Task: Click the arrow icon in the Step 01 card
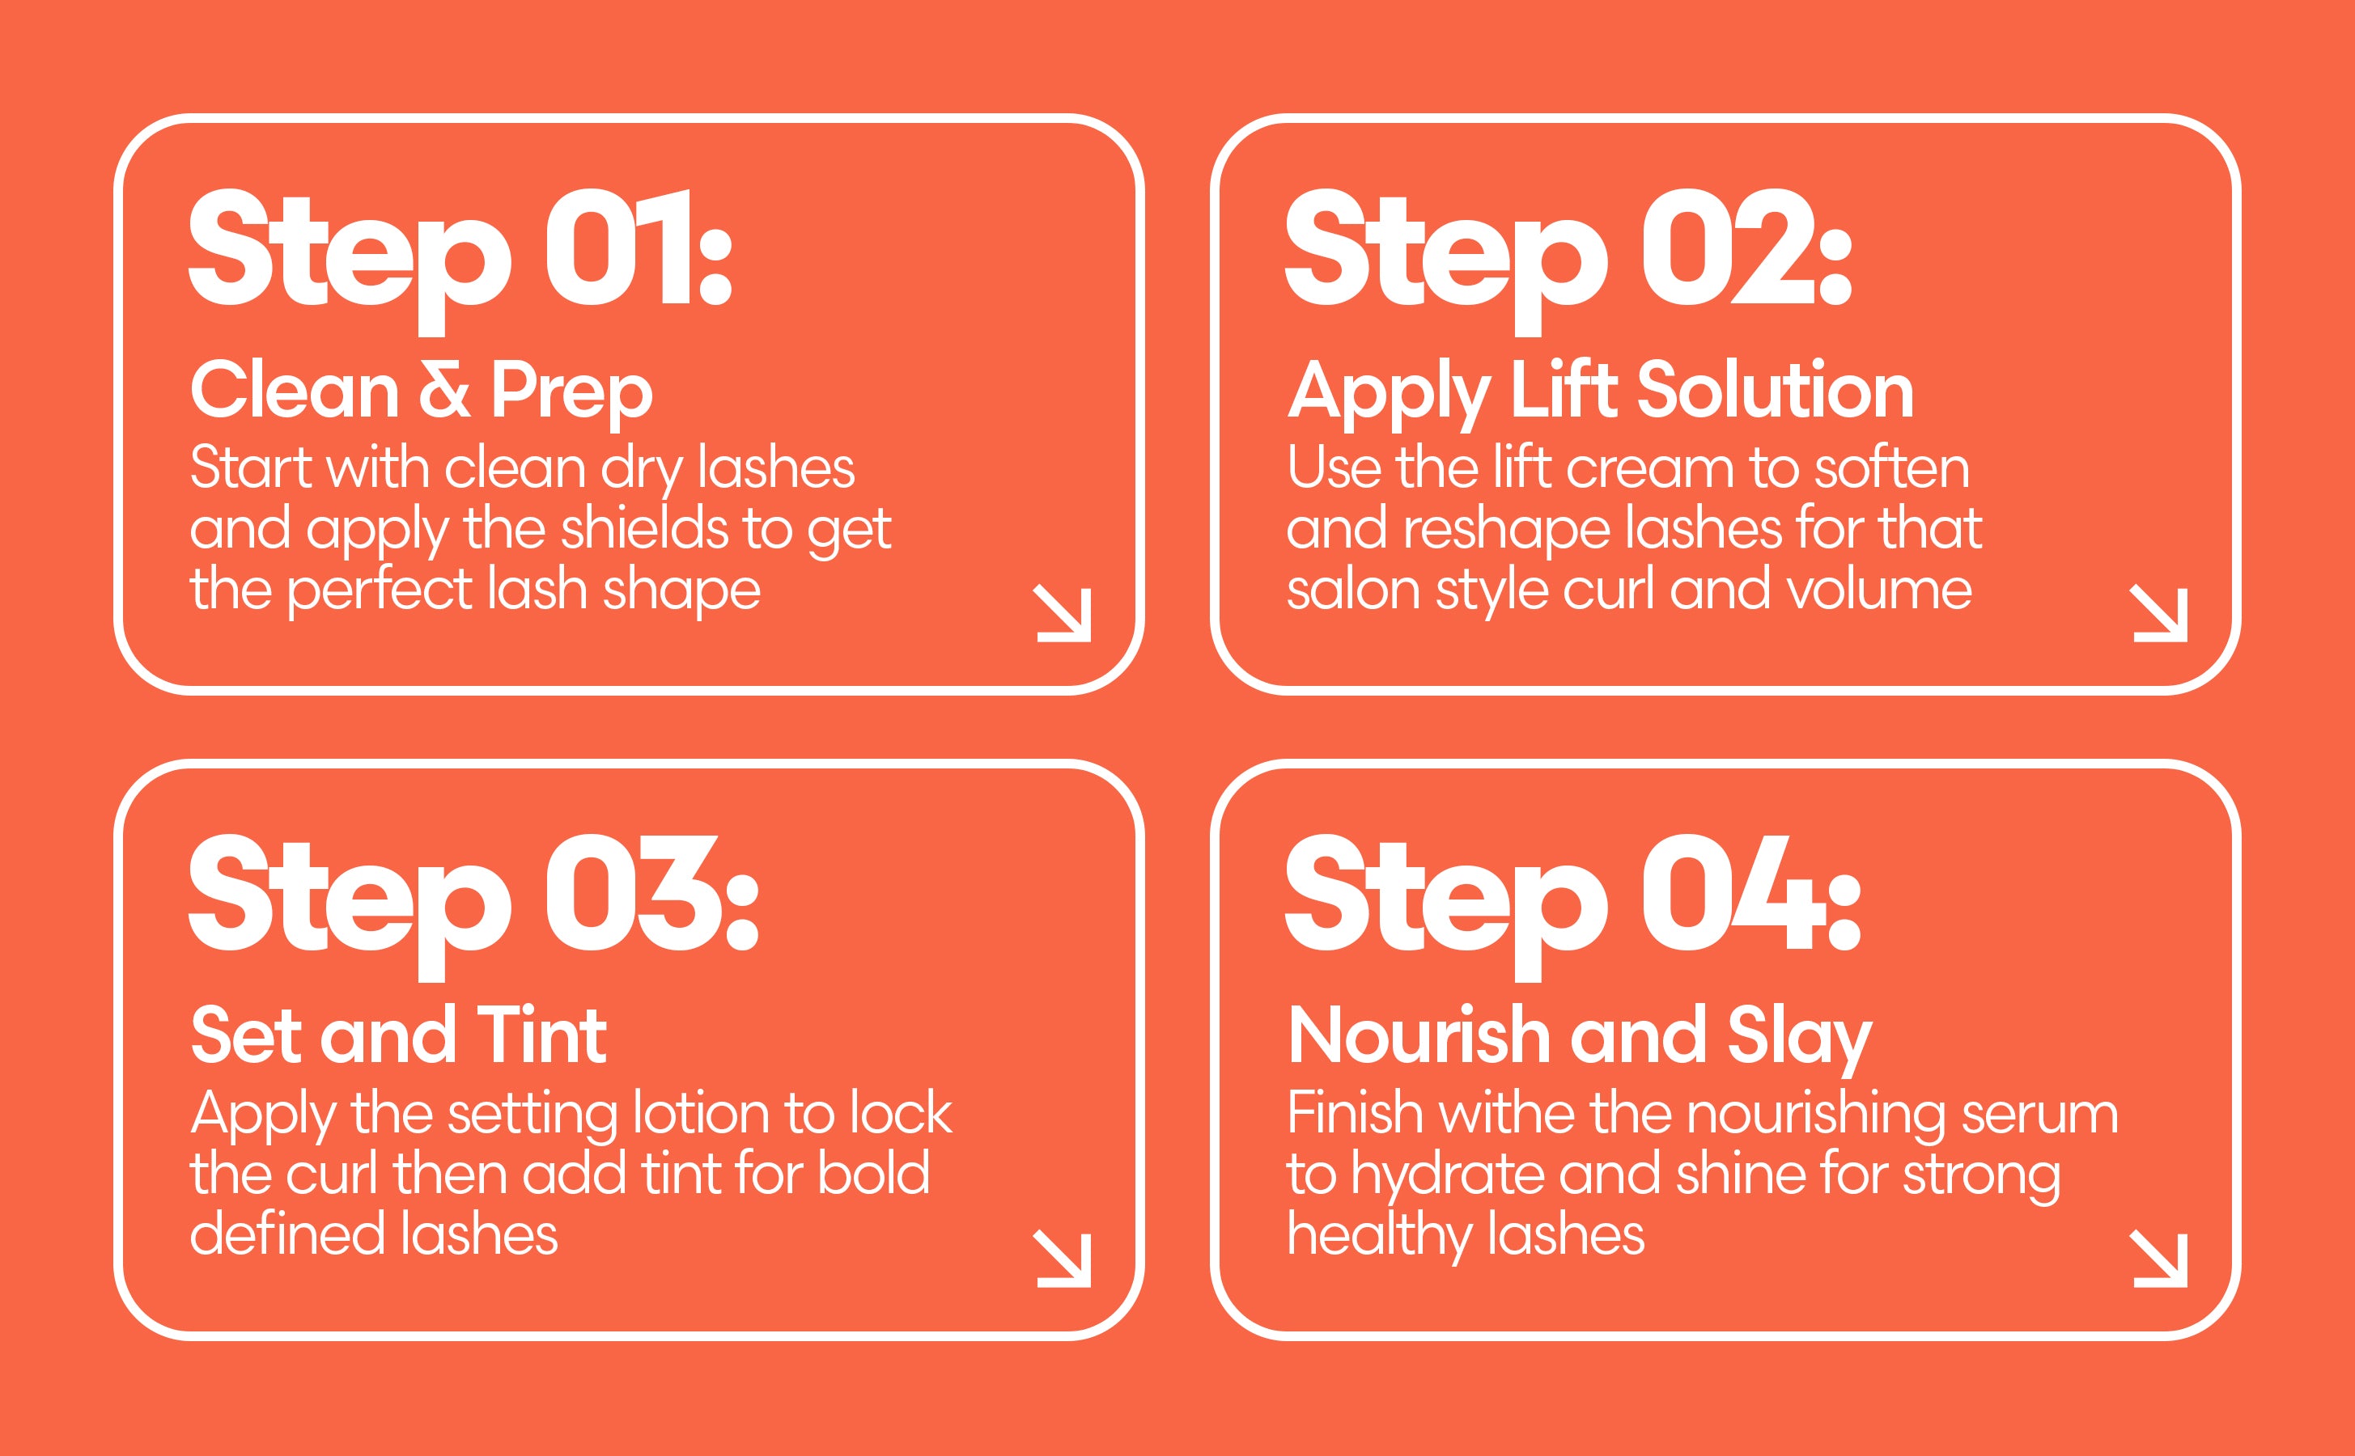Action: [x=1063, y=613]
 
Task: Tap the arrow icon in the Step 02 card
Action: [x=2159, y=613]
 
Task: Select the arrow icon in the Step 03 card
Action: [x=1063, y=1259]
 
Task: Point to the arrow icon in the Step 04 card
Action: [x=2159, y=1259]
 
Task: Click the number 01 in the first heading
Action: [x=618, y=248]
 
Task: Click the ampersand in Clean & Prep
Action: [x=445, y=391]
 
